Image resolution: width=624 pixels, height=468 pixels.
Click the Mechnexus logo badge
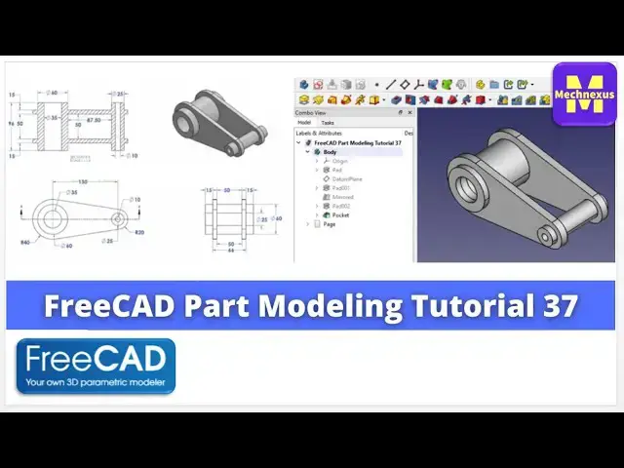click(x=584, y=94)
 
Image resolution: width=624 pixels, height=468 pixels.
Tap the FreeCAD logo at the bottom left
click(x=96, y=366)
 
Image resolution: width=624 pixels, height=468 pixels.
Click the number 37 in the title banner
click(x=558, y=306)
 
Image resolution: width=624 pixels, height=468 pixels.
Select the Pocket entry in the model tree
click(x=340, y=214)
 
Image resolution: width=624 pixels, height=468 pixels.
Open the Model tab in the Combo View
click(x=304, y=123)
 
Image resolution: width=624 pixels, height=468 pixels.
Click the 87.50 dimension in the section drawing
click(x=95, y=121)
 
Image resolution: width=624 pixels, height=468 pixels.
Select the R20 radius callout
click(x=138, y=233)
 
